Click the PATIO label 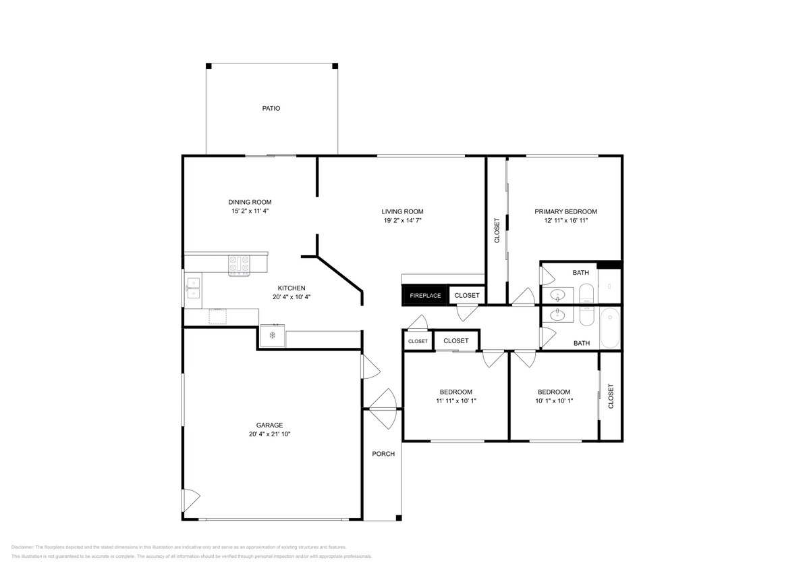tap(271, 109)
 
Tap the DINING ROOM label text tap(250, 202)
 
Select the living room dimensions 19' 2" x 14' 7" tap(402, 220)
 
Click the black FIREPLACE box tap(425, 296)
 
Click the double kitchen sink tap(194, 288)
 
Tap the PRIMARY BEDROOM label tap(565, 211)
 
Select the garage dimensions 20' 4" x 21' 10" tap(269, 434)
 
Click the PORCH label tap(383, 454)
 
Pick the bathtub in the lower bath tap(609, 328)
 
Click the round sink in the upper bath tap(557, 296)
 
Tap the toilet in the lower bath tap(588, 315)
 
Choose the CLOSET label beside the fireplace tap(467, 296)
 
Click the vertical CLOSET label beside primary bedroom tap(497, 231)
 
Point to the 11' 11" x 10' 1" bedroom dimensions tap(456, 401)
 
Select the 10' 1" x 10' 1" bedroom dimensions tap(554, 401)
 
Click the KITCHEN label tap(292, 288)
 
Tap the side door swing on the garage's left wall tap(191, 499)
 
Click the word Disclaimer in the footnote tap(22, 548)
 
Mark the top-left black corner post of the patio tap(209, 66)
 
